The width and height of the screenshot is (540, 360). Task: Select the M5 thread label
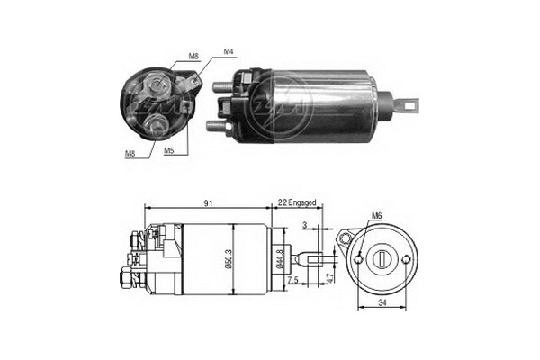tap(168, 151)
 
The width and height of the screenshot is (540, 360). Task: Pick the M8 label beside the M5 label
tap(130, 153)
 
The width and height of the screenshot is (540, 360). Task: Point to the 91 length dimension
tap(208, 204)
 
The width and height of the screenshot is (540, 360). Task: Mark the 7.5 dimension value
tap(296, 280)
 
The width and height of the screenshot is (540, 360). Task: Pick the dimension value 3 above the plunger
tap(305, 226)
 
